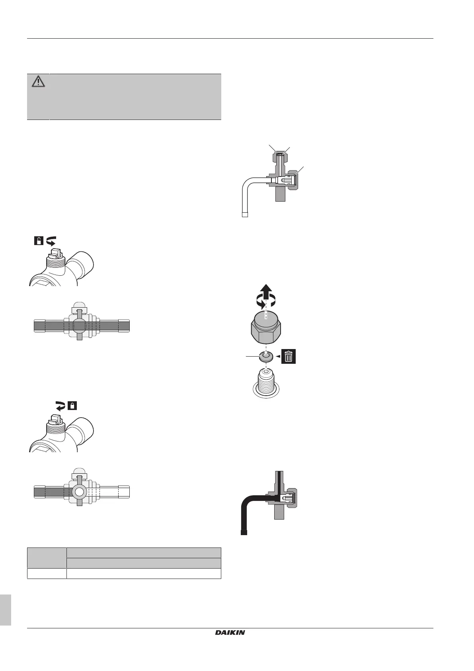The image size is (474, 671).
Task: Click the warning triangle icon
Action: pos(38,82)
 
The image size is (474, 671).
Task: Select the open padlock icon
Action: pos(39,240)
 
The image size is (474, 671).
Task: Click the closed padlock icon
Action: pos(72,406)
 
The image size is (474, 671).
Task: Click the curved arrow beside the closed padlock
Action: pos(60,406)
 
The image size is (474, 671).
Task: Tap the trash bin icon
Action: pos(289,356)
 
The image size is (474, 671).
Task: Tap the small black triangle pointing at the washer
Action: pos(277,356)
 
